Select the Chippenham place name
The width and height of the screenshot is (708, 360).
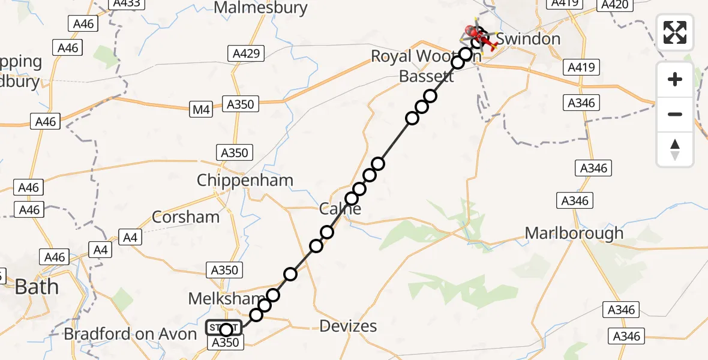[x=245, y=180]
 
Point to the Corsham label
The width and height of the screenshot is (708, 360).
[x=185, y=217]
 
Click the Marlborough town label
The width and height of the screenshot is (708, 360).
[x=574, y=233]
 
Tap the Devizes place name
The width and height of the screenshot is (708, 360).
[x=348, y=326]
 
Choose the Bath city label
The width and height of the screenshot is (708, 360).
[x=37, y=287]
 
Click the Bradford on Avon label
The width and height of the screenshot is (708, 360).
[x=130, y=334]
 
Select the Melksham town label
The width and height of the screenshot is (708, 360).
[x=226, y=298]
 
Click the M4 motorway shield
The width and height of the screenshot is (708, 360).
[x=201, y=110]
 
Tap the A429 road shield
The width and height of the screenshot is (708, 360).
[x=247, y=54]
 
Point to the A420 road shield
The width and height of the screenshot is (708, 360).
[x=614, y=5]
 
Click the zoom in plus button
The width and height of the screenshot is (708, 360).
[x=675, y=79]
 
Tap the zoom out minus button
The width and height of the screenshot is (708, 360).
[x=675, y=114]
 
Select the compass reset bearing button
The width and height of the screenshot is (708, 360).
[x=675, y=149]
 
